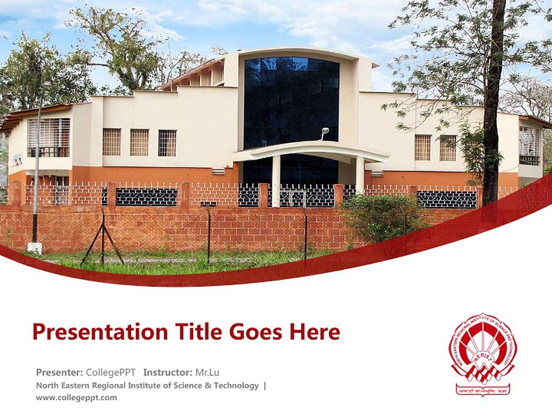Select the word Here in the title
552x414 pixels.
click(x=314, y=332)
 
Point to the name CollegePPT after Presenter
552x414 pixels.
click(x=110, y=372)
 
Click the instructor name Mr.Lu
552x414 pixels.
click(x=207, y=372)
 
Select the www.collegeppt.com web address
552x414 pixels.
click(x=76, y=397)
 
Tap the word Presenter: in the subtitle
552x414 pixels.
click(x=59, y=372)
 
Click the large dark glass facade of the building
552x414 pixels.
click(x=292, y=103)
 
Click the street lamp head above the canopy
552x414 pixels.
click(x=325, y=131)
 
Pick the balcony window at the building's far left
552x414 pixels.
click(x=49, y=137)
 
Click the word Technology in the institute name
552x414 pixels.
click(x=236, y=385)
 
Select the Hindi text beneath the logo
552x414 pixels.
click(x=482, y=390)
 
